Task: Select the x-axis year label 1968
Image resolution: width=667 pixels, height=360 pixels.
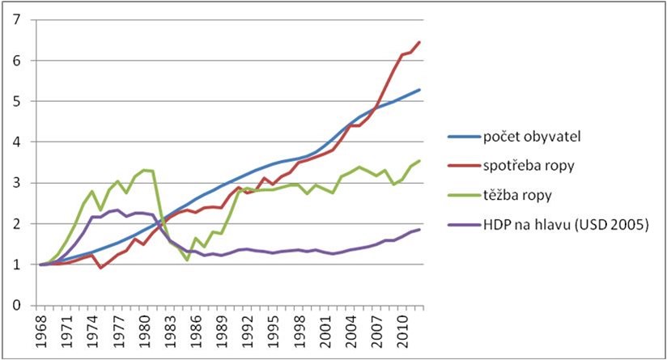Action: point(40,330)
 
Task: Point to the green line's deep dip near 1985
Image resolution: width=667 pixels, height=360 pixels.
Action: point(188,260)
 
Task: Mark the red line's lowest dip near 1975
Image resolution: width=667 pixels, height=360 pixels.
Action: point(100,267)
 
